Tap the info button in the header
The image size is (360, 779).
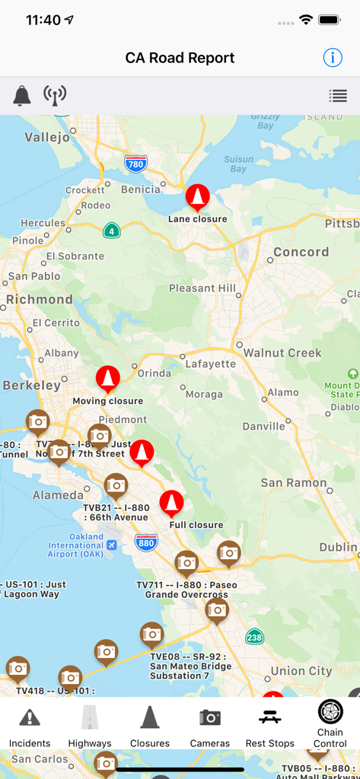pyautogui.click(x=333, y=58)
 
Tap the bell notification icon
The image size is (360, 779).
pyautogui.click(x=22, y=96)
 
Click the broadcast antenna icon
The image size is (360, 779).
pyautogui.click(x=54, y=96)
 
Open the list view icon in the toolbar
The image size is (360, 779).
pyautogui.click(x=338, y=96)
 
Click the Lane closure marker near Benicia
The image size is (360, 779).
pyautogui.click(x=198, y=198)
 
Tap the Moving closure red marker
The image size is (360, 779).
pyautogui.click(x=107, y=379)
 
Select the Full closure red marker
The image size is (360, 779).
pyautogui.click(x=171, y=504)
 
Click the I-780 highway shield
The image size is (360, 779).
pyautogui.click(x=136, y=164)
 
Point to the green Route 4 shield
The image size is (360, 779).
pyautogui.click(x=112, y=231)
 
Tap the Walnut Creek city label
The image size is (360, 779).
pyautogui.click(x=282, y=353)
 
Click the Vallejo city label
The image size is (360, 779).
pyautogui.click(x=47, y=137)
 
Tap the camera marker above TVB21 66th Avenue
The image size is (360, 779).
pyautogui.click(x=116, y=485)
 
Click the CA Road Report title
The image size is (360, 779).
pyautogui.click(x=180, y=58)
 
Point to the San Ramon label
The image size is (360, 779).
pyautogui.click(x=293, y=483)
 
